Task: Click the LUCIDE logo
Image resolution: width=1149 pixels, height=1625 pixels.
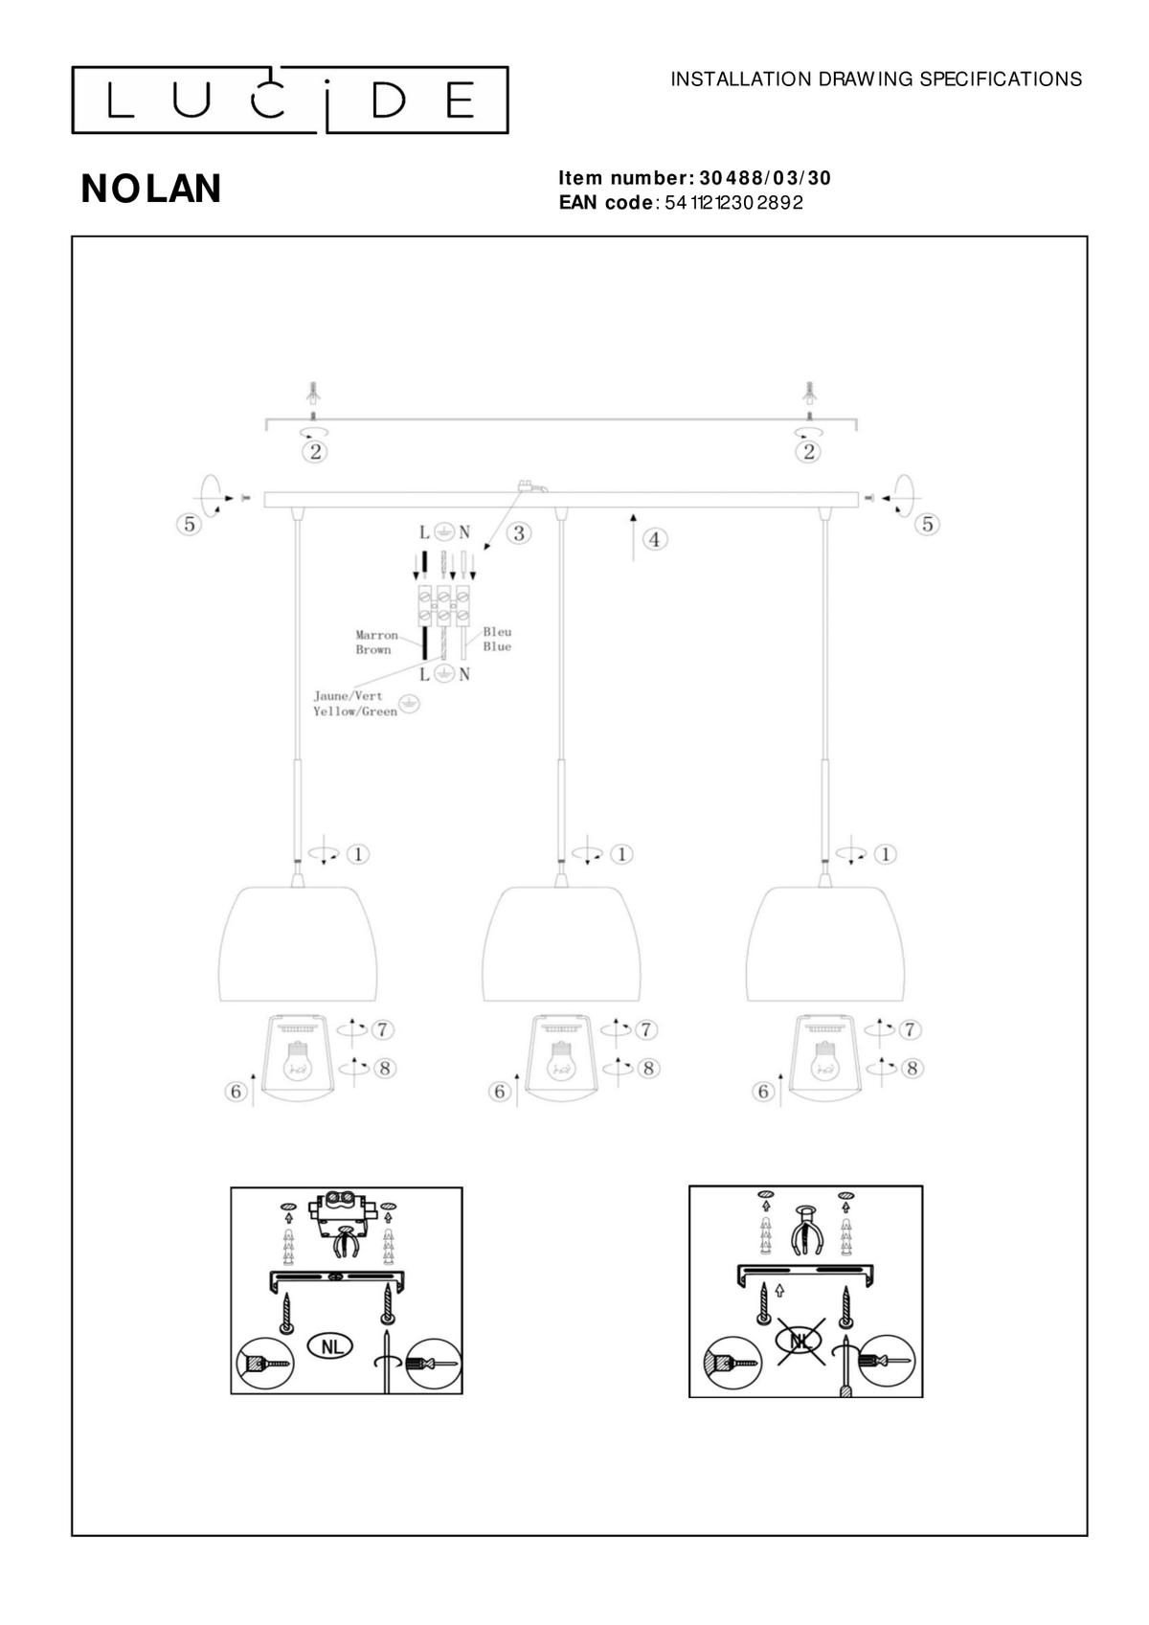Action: point(289,101)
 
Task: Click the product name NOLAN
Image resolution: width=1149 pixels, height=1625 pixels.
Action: point(151,189)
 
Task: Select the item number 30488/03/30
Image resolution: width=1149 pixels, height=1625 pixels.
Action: point(764,178)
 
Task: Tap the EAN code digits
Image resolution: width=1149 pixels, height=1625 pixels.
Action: point(733,202)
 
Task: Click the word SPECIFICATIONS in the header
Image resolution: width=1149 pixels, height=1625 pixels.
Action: point(1001,79)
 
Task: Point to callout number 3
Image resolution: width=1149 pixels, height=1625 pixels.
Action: point(519,533)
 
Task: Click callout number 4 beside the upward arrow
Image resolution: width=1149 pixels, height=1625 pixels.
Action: point(654,539)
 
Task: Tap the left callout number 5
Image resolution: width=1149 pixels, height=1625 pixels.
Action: point(190,524)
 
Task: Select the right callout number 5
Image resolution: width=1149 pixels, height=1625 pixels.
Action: point(927,524)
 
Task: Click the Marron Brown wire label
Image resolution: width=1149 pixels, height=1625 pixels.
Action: point(376,642)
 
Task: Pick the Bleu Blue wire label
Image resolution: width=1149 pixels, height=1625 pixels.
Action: point(497,639)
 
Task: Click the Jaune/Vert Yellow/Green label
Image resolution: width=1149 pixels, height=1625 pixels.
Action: point(355,704)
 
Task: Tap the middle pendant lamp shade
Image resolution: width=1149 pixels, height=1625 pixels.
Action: point(561,944)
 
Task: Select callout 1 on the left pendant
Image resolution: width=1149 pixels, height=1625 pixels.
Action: point(357,854)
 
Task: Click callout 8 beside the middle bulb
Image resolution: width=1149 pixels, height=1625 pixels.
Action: point(648,1068)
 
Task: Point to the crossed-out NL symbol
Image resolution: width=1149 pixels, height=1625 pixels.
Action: point(800,1342)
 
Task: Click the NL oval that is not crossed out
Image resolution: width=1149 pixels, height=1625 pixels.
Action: point(331,1346)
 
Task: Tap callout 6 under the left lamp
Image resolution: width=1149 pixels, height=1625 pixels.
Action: point(235,1091)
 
